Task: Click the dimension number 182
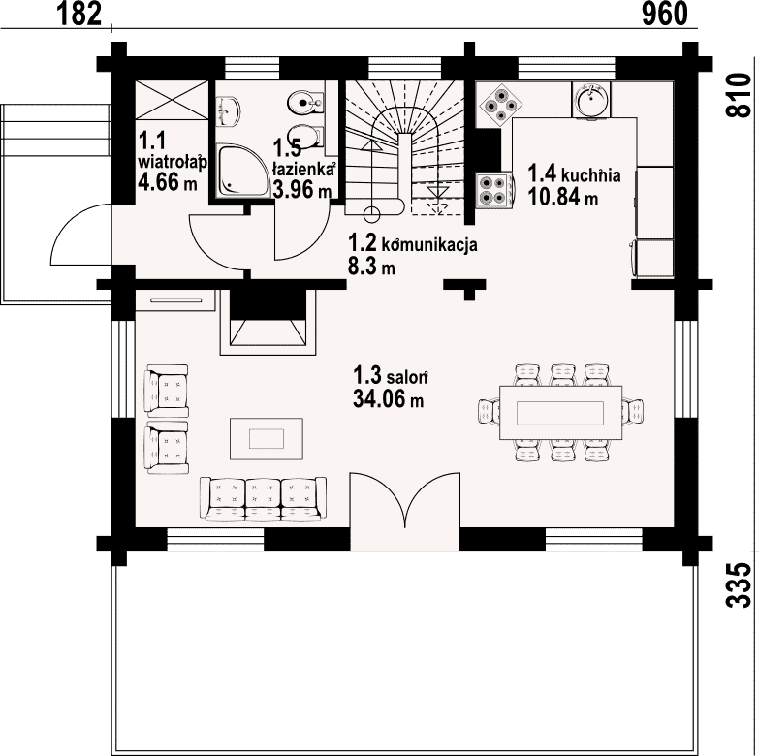pyautogui.click(x=79, y=14)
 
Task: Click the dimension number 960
pyautogui.click(x=665, y=14)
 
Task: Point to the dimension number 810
pyautogui.click(x=738, y=95)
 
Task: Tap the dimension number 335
pyautogui.click(x=738, y=584)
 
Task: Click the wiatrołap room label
pyautogui.click(x=173, y=162)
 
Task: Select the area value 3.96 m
pyautogui.click(x=301, y=189)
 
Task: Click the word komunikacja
pyautogui.click(x=429, y=245)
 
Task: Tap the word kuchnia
pyautogui.click(x=591, y=174)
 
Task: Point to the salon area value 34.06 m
pyautogui.click(x=388, y=399)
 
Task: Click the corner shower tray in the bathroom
pyautogui.click(x=242, y=171)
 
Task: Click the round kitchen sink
pyautogui.click(x=591, y=99)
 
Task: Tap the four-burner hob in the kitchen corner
pyautogui.click(x=501, y=104)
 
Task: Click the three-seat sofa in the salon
pyautogui.click(x=263, y=499)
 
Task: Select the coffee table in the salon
pyautogui.click(x=267, y=438)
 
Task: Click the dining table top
pyautogui.click(x=560, y=412)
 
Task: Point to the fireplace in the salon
pyautogui.click(x=269, y=323)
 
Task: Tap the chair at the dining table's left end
pyautogui.click(x=489, y=411)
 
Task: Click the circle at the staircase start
pyautogui.click(x=372, y=214)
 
